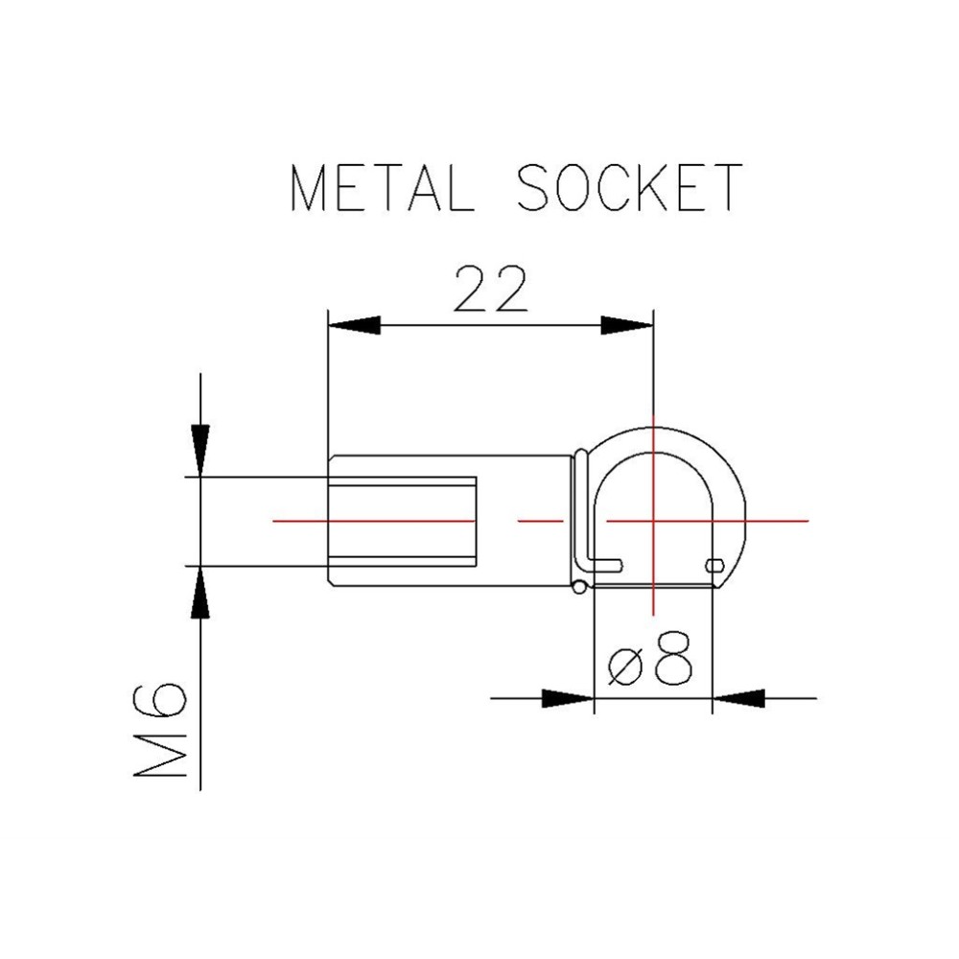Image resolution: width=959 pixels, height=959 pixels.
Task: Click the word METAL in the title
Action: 383,188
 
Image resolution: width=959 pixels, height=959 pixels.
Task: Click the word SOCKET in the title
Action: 630,188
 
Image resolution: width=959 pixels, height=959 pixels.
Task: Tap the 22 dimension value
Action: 490,289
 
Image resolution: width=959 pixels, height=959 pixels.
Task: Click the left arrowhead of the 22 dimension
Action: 354,325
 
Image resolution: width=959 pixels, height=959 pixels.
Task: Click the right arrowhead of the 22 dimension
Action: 627,325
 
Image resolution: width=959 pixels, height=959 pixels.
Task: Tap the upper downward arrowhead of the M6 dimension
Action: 200,450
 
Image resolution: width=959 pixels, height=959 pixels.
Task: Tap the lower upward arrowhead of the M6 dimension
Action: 200,592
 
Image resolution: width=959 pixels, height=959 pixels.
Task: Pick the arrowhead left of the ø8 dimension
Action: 568,698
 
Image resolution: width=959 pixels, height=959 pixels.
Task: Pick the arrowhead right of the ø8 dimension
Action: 738,698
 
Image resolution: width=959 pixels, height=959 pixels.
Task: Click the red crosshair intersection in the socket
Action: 653,521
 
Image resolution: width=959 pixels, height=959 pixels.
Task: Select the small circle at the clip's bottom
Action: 579,587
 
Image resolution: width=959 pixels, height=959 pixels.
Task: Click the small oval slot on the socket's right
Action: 715,566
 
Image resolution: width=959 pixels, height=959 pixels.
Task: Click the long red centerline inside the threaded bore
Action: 374,521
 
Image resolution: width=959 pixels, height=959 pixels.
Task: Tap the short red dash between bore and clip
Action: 540,521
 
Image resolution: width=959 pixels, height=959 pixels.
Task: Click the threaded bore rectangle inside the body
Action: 403,521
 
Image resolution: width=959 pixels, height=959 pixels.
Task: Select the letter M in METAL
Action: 308,189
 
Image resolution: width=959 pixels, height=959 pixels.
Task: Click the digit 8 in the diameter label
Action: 673,660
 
